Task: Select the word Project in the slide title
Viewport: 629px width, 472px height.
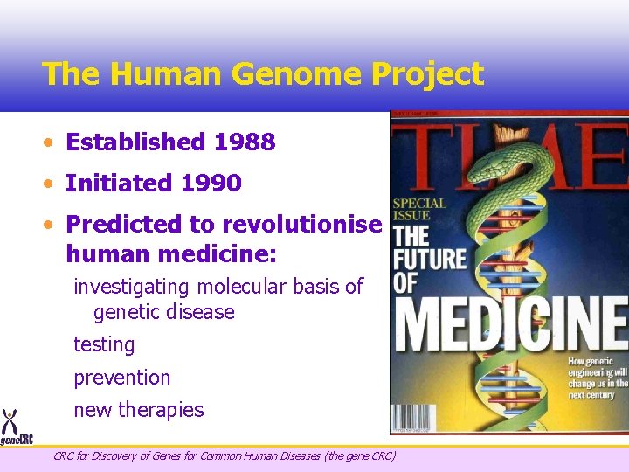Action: pyautogui.click(x=427, y=74)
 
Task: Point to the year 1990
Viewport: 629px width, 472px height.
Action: pyautogui.click(x=211, y=184)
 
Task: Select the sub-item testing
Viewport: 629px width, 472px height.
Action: pyautogui.click(x=104, y=344)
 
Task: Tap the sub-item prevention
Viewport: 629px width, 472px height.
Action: pyautogui.click(x=121, y=378)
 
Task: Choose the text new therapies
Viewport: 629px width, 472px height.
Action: pyautogui.click(x=138, y=410)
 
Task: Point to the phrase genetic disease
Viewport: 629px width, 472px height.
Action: pyautogui.click(x=163, y=312)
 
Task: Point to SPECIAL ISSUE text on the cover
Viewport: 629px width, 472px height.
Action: pyautogui.click(x=420, y=208)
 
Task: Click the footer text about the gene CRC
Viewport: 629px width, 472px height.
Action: pyautogui.click(x=224, y=455)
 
